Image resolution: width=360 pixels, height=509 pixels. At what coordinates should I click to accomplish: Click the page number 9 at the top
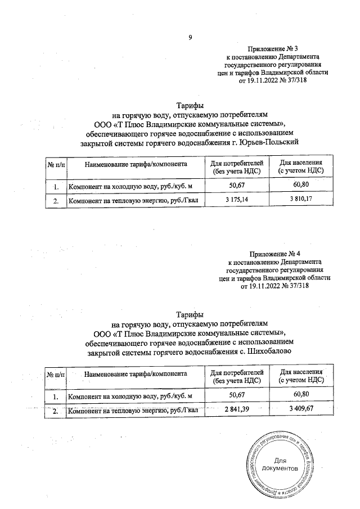[190, 38]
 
